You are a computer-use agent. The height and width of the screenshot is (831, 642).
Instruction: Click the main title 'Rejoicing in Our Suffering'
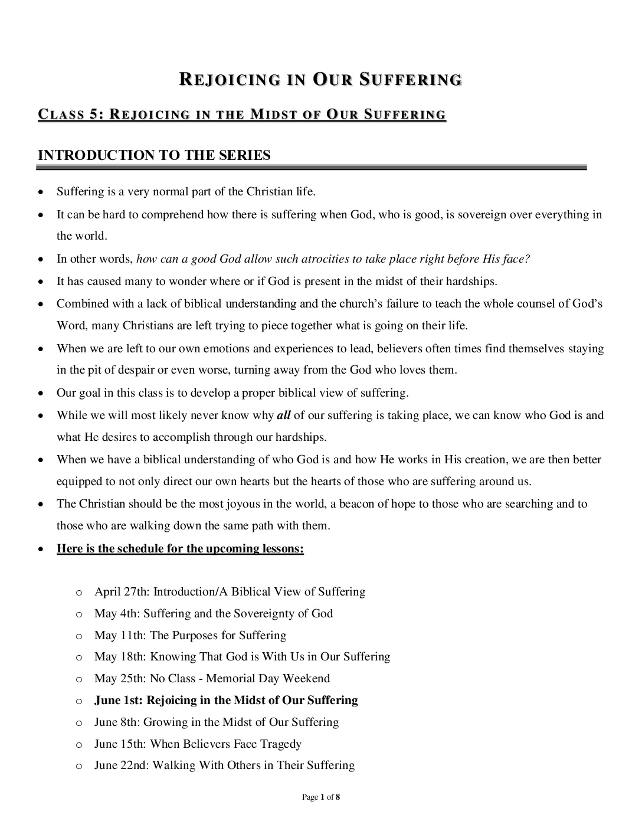tap(320, 80)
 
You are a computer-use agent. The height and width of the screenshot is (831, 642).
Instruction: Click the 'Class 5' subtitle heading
tap(242, 114)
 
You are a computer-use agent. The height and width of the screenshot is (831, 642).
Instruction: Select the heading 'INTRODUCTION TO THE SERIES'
tap(154, 155)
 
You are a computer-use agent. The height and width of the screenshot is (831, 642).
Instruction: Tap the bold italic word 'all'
tap(284, 415)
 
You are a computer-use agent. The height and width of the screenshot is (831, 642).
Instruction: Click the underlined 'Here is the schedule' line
tap(180, 549)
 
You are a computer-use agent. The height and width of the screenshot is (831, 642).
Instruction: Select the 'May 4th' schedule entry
tap(214, 614)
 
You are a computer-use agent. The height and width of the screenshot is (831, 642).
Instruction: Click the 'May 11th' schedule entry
tap(190, 636)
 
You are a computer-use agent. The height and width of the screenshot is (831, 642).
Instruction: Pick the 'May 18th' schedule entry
tap(242, 657)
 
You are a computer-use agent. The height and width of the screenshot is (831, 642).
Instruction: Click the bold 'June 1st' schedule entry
tap(226, 701)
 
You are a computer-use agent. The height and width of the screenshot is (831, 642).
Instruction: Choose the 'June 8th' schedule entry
tap(217, 722)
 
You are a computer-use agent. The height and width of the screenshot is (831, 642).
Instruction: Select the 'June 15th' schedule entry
tap(198, 744)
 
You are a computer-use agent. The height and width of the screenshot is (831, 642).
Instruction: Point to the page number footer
tap(321, 797)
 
